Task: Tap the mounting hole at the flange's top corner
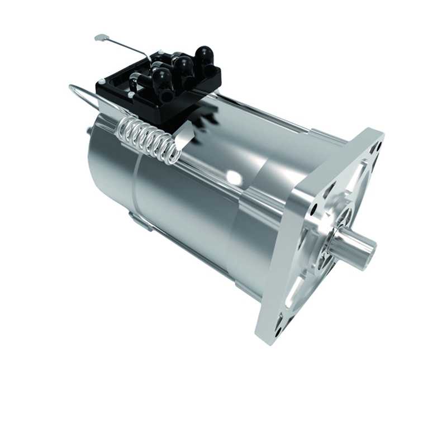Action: point(375,140)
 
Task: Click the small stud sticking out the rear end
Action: point(89,132)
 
